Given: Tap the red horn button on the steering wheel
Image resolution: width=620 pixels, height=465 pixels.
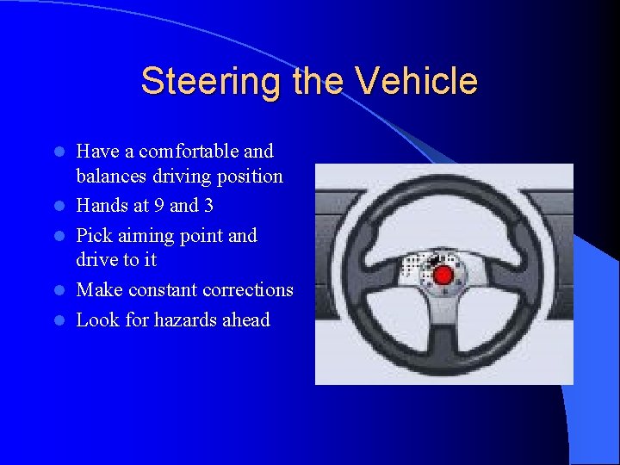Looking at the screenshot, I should coord(443,275).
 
